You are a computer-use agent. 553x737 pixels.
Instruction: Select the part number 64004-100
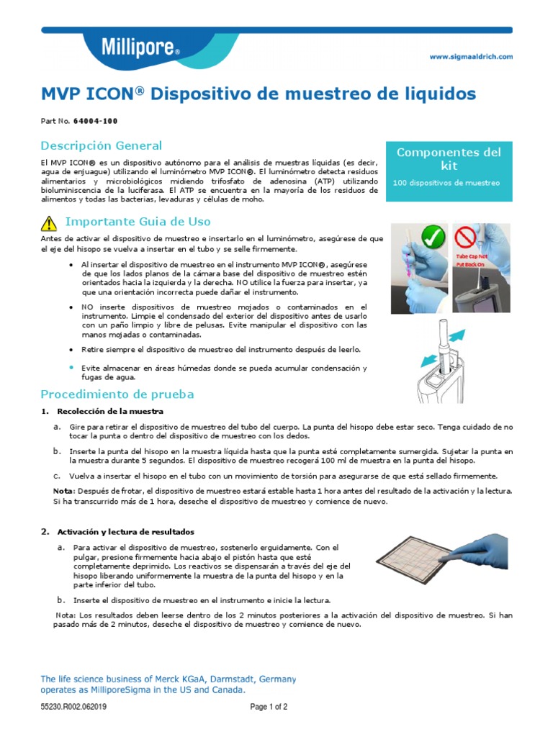point(96,121)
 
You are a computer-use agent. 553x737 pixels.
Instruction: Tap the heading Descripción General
point(101,145)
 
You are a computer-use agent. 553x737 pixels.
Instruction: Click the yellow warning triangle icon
point(48,222)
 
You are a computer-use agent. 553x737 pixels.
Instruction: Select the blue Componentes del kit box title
point(449,158)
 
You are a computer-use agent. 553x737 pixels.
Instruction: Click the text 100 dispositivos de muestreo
point(446,183)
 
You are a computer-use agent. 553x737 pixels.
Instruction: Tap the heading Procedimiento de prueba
point(117,394)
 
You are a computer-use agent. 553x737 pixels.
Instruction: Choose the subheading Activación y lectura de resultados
point(126,532)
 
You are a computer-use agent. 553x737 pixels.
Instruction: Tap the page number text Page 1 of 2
point(269,707)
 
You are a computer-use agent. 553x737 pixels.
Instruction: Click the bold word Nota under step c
point(63,490)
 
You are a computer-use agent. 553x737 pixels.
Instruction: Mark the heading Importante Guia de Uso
point(138,221)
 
